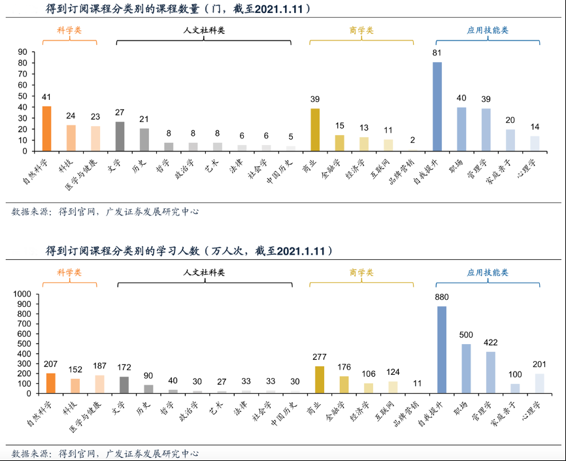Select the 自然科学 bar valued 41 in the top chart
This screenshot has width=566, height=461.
pos(46,129)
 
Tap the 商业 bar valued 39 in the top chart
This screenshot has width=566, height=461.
pos(315,130)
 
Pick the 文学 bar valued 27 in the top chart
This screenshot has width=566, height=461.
pos(120,136)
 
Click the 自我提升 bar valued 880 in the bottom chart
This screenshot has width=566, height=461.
pos(442,350)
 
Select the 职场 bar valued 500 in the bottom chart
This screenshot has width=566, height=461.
pos(466,369)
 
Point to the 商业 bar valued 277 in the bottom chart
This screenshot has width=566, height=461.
pos(320,380)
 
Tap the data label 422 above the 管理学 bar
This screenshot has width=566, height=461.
pos(490,342)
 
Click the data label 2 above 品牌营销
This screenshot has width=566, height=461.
pos(412,140)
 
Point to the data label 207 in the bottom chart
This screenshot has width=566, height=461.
pos(50,364)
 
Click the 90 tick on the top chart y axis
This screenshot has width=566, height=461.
pos(23,52)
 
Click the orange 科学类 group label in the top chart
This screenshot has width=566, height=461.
pos(70,30)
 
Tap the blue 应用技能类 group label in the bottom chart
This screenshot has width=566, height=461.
pos(488,272)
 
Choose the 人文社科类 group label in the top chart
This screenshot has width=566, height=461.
pos(204,30)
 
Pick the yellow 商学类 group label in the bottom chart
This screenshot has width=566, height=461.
pos(361,272)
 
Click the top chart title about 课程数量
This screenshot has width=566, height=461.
pos(178,9)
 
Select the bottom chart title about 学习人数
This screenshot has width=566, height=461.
pos(190,251)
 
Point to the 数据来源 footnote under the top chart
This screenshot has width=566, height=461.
pos(105,212)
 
